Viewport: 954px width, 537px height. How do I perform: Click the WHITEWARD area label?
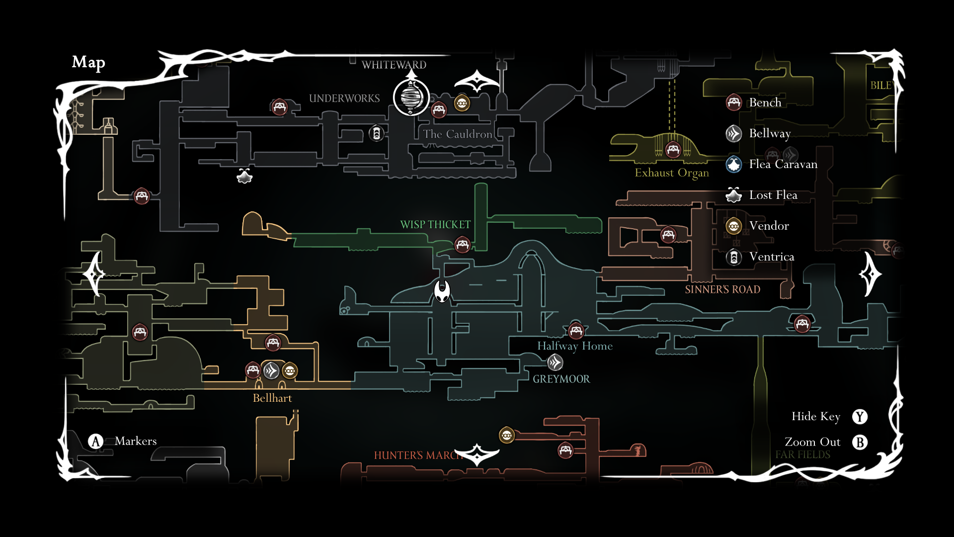[394, 65]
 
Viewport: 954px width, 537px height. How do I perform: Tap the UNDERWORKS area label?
[344, 98]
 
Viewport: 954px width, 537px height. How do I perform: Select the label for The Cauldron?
[458, 134]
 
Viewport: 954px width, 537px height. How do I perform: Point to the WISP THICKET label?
[435, 225]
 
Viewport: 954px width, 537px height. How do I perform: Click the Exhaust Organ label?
[672, 173]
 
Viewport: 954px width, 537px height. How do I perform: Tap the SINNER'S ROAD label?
[722, 290]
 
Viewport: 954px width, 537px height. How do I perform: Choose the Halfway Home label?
[575, 346]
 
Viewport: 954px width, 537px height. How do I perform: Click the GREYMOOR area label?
[561, 379]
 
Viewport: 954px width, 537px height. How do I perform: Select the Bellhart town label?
[272, 398]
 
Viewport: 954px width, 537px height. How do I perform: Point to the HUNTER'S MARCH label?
[417, 455]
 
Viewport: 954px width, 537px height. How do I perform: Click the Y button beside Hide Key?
[860, 417]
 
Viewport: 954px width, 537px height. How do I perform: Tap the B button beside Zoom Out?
[860, 443]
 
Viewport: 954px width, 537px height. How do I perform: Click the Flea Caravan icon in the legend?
[734, 164]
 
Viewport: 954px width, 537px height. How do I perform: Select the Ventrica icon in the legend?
[734, 257]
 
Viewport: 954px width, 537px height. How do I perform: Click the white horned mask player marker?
[442, 291]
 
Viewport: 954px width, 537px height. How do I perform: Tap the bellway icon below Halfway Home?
[555, 362]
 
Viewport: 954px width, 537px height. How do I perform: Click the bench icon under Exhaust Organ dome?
[673, 149]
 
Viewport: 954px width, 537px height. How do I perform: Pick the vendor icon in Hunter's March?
[507, 436]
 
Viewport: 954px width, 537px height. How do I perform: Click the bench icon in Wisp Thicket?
[463, 245]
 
